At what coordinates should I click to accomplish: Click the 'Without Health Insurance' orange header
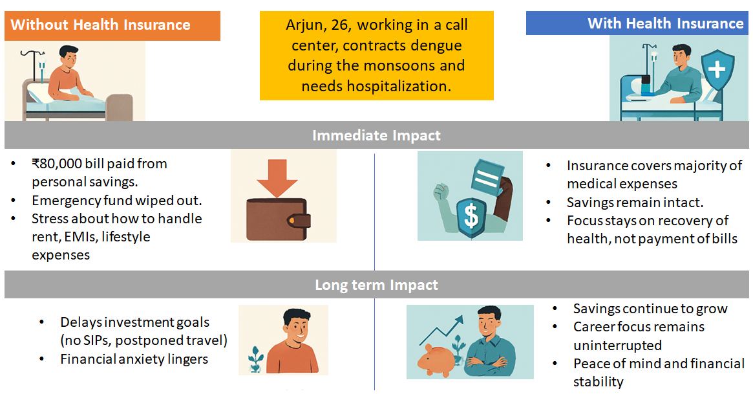click(112, 25)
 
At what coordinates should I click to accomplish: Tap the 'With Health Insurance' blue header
click(637, 23)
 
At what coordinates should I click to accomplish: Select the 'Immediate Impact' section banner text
click(376, 135)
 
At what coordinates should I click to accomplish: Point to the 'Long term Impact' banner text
click(376, 285)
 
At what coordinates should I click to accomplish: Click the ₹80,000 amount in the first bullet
click(57, 164)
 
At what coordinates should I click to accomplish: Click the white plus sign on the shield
click(717, 69)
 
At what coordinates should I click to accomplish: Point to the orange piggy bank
click(436, 360)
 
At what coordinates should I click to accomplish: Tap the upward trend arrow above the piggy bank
click(441, 330)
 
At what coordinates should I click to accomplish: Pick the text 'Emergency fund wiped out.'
click(117, 200)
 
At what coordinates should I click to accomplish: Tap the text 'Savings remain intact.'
click(635, 203)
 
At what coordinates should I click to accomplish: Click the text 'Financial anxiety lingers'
click(134, 359)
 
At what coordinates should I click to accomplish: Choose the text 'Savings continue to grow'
click(650, 309)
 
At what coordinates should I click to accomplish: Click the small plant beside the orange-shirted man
click(256, 360)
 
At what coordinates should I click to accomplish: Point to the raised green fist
click(441, 192)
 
